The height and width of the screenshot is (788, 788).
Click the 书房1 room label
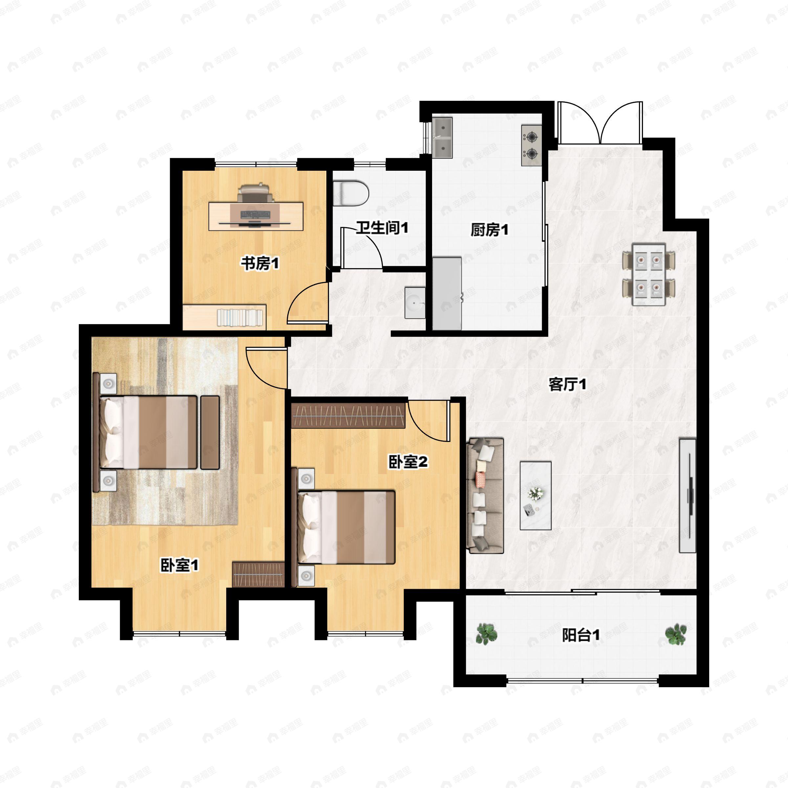pos(260,263)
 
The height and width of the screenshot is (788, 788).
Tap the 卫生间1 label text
pos(382,228)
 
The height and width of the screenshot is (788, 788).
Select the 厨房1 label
pos(490,230)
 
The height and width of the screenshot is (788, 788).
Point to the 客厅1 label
pos(567,384)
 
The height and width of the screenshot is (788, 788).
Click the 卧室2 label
pos(408,462)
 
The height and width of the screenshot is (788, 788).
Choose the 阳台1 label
pos(581,635)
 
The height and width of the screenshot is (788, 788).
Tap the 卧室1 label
pos(180,565)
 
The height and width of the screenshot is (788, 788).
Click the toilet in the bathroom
pos(351,193)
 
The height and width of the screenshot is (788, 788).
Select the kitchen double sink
pos(443,138)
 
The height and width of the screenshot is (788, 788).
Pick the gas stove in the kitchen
pos(532,145)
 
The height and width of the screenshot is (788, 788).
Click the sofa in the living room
pos(485,495)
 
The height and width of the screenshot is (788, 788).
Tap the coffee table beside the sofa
pos(536,495)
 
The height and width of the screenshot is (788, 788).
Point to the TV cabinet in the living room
pos(688,495)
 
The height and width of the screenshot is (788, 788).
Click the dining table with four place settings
pos(648,274)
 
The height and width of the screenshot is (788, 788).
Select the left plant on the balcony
pos(487,634)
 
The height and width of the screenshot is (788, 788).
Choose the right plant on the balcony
pos(676,634)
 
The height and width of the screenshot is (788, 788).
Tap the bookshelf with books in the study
pos(224,317)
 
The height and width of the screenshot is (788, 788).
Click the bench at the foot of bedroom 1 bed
pos(210,432)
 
